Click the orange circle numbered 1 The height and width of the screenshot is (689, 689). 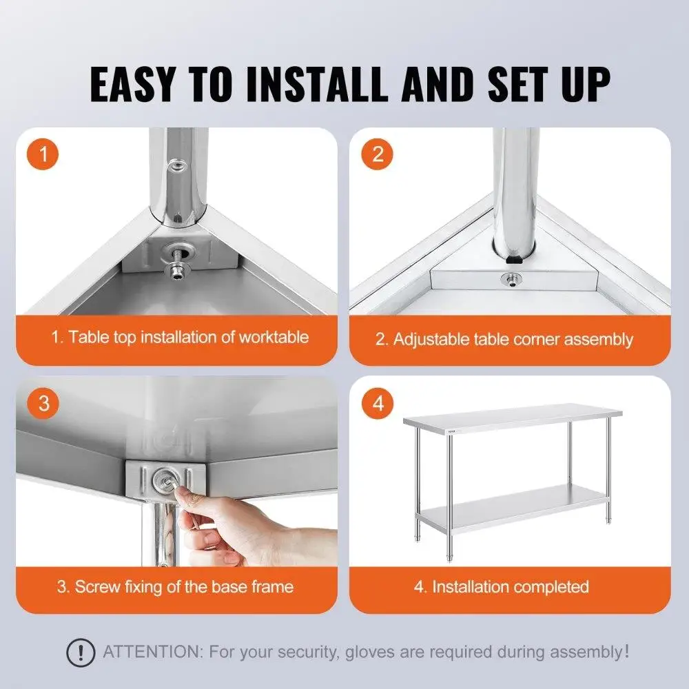(44, 154)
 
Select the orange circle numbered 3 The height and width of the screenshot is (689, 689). (44, 403)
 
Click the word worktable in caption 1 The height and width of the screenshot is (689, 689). (274, 337)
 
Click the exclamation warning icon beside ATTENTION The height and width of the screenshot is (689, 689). (81, 652)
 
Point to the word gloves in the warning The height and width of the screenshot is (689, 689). (376, 651)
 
